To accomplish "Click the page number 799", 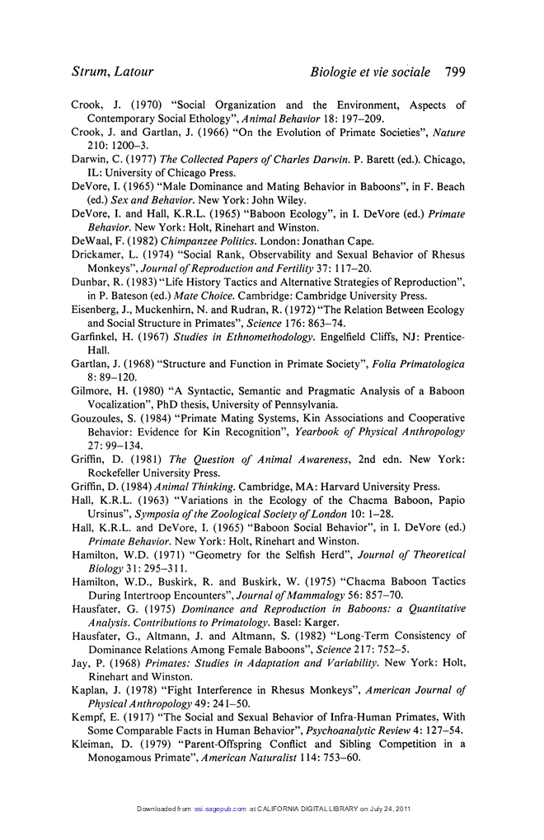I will coord(454,72).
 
